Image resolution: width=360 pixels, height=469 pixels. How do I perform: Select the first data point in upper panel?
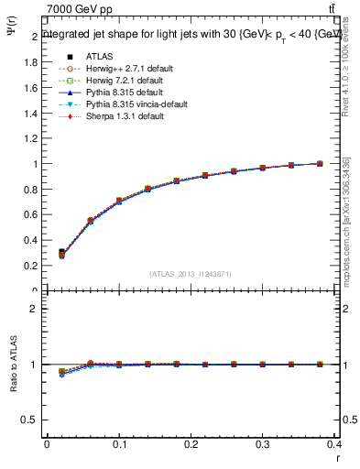coord(61,252)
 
